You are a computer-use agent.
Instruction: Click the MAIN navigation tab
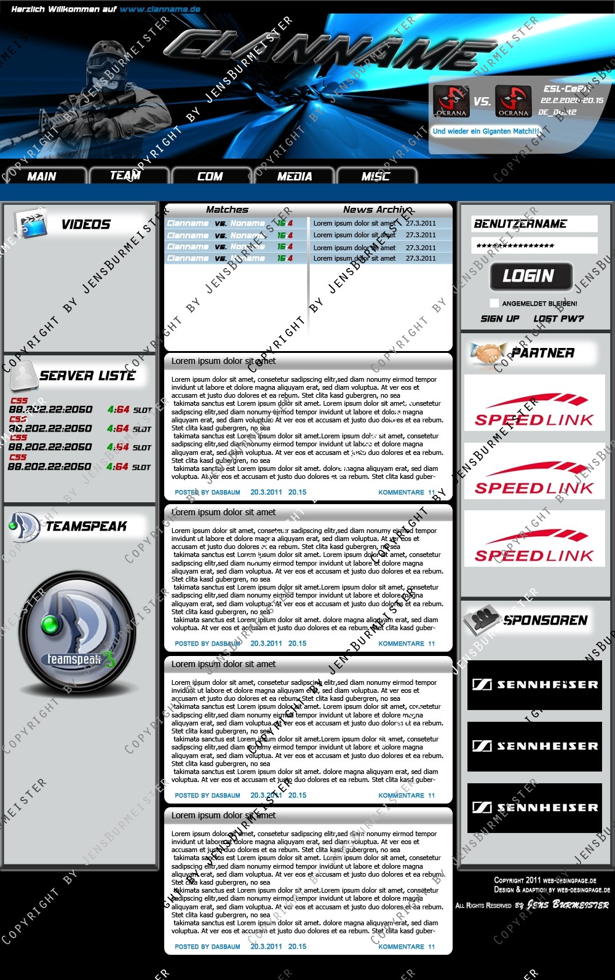(42, 176)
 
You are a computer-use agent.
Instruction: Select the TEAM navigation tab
(125, 176)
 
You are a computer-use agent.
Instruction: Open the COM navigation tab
(210, 176)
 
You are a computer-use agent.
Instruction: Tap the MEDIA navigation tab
(295, 176)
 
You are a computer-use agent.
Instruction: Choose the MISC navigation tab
(376, 176)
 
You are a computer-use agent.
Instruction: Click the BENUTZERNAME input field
(534, 224)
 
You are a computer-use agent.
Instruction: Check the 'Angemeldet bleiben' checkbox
(494, 303)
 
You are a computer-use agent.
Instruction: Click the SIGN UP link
(500, 318)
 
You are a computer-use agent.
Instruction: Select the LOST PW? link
(558, 318)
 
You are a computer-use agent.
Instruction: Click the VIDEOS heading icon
(31, 224)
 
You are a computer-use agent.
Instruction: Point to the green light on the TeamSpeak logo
(50, 625)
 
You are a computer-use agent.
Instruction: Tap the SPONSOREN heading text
(546, 620)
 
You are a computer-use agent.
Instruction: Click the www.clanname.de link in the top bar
(160, 9)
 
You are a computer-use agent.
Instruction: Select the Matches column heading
(227, 210)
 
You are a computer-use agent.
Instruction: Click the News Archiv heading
(376, 210)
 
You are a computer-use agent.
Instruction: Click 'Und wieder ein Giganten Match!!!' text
(486, 131)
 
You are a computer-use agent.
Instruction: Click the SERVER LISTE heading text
(87, 376)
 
